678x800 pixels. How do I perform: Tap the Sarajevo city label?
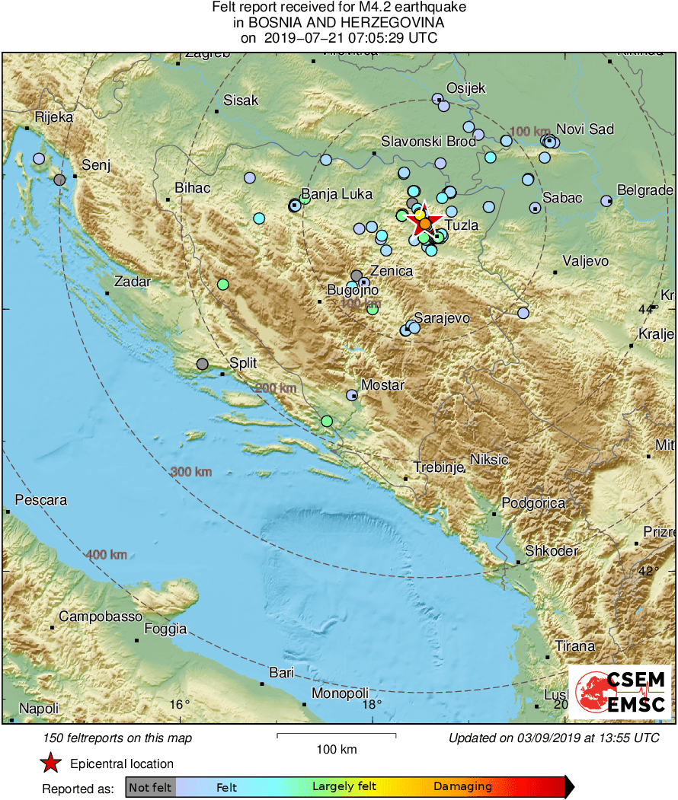tap(442, 318)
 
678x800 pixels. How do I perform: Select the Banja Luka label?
tap(337, 194)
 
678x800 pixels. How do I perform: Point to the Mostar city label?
tap(382, 385)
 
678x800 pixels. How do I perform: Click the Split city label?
tap(244, 363)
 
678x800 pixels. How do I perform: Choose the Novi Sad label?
tap(585, 129)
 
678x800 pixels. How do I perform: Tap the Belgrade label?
tap(644, 190)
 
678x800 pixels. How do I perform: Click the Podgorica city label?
tap(533, 503)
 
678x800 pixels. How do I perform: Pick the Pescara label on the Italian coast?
tap(41, 501)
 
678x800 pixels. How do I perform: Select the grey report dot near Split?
tap(202, 364)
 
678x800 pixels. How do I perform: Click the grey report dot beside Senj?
tap(59, 180)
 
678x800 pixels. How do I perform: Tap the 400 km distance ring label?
tap(107, 554)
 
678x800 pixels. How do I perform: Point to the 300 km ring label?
tap(191, 472)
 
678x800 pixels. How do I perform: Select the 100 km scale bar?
tap(336, 735)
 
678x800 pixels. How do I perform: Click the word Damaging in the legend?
tap(462, 786)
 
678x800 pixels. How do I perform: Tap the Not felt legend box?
tap(150, 786)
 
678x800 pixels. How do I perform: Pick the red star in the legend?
tap(50, 763)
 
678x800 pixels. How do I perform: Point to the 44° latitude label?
tap(646, 308)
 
